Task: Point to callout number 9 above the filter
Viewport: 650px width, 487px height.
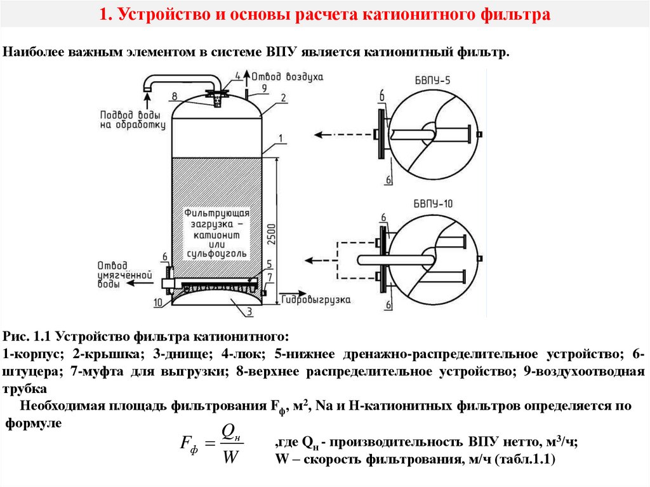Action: (x=264, y=87)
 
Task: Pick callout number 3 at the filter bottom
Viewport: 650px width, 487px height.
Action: (x=249, y=311)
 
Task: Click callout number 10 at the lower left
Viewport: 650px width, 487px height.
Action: (x=157, y=303)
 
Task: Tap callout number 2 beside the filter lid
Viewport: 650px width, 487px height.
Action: (x=283, y=97)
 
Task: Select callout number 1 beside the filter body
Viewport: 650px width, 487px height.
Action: (x=280, y=138)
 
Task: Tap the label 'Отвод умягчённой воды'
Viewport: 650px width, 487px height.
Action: (x=125, y=275)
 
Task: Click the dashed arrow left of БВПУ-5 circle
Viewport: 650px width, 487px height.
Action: (x=334, y=135)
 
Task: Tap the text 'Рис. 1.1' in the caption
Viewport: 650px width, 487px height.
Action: (x=27, y=335)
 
